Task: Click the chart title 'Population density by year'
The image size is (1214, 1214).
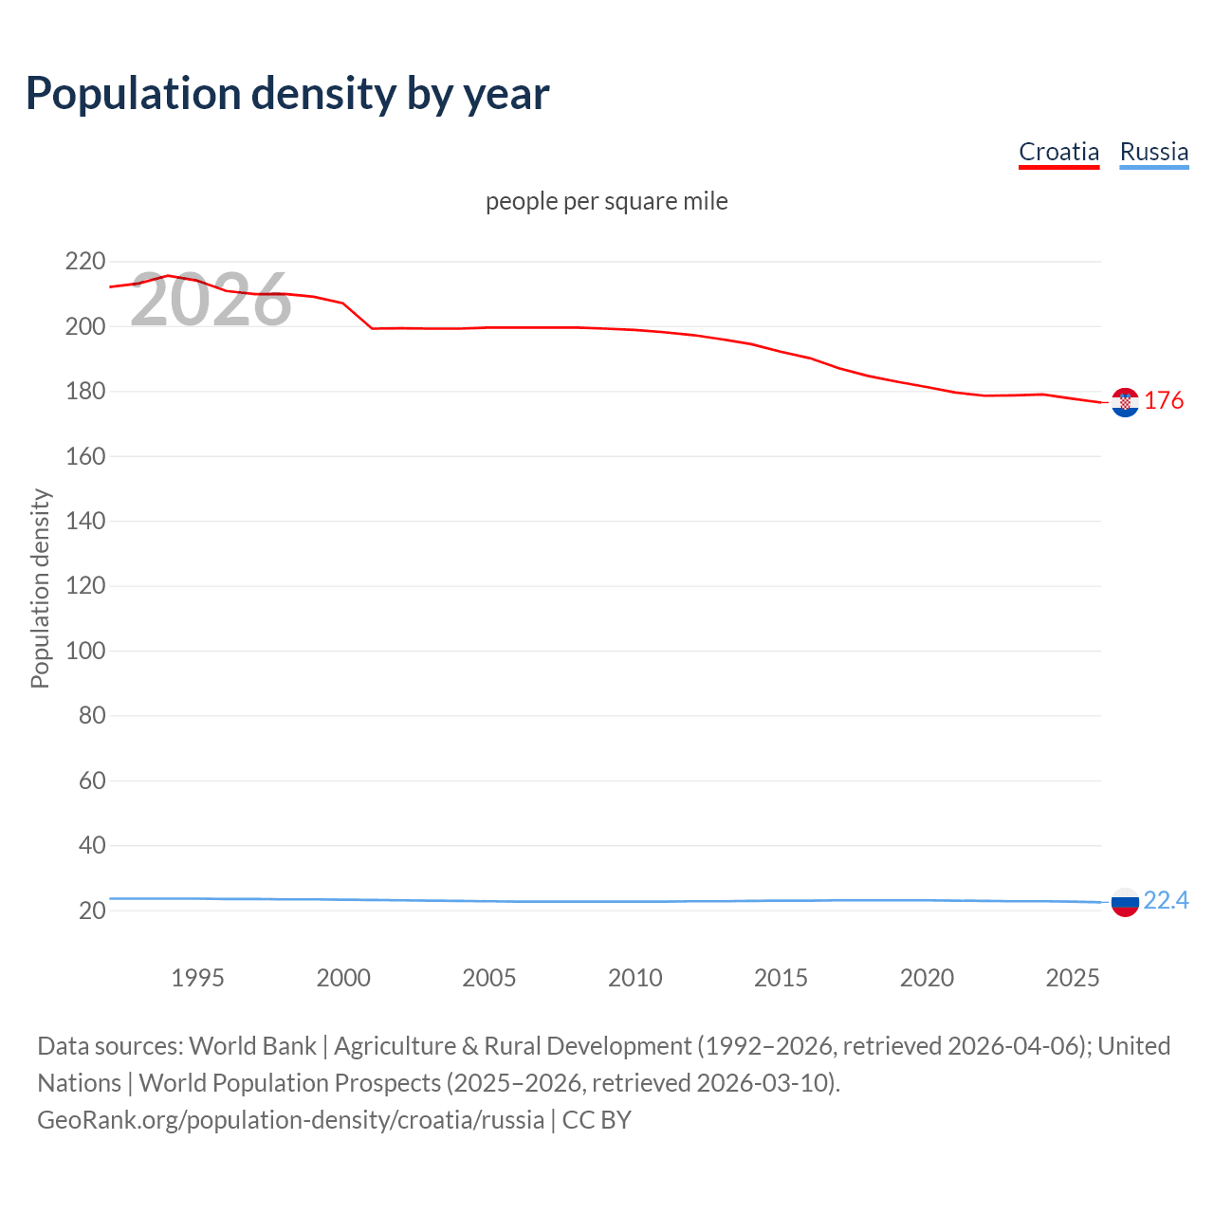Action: click(287, 94)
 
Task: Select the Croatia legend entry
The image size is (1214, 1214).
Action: click(1058, 152)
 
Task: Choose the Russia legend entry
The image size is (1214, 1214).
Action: click(1153, 152)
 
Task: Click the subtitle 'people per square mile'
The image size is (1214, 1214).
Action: click(606, 201)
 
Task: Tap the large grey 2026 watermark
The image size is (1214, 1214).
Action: click(211, 300)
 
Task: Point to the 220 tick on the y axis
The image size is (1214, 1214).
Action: click(84, 261)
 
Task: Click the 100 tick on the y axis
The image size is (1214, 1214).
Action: click(84, 651)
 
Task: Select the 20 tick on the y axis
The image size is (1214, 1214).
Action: click(91, 910)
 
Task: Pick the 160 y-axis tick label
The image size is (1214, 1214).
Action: click(84, 456)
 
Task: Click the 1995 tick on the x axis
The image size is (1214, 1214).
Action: click(197, 978)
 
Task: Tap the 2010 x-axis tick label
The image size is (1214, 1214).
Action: click(635, 978)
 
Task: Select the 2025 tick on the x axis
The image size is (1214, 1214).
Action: click(1072, 978)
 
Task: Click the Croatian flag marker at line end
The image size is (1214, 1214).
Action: click(1125, 402)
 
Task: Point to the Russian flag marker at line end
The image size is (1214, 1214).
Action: click(1125, 902)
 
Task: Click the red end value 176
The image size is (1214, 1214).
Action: click(1164, 400)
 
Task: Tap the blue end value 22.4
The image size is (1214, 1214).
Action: click(1166, 900)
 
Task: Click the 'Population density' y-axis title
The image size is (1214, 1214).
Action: click(40, 588)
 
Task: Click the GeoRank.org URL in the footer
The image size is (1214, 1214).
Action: click(290, 1120)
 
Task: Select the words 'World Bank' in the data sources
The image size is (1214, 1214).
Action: click(252, 1046)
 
